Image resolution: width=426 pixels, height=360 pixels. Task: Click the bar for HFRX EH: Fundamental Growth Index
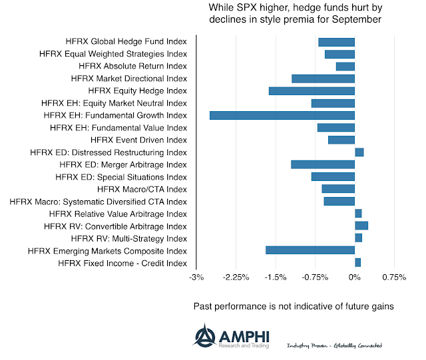[x=282, y=115]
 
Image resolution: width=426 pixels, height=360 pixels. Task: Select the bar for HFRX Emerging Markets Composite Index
[x=310, y=250]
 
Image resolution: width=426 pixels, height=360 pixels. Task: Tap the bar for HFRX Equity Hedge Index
[x=312, y=90]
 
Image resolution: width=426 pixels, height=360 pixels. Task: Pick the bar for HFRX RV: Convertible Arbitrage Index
[x=361, y=226]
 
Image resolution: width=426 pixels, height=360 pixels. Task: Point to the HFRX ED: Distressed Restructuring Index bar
[x=359, y=152]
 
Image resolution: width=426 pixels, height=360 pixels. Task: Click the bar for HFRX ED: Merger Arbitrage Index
[x=323, y=164]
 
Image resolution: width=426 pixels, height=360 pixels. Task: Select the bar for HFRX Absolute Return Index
[x=345, y=67]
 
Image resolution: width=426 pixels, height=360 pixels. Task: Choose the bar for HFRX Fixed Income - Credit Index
[x=358, y=262]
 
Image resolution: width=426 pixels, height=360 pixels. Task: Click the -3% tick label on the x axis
[x=196, y=277]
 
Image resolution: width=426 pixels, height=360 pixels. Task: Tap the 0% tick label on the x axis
[x=355, y=277]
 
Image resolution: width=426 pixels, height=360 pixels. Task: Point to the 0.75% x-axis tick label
[x=394, y=277]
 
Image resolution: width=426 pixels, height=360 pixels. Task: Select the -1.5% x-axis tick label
[x=276, y=277]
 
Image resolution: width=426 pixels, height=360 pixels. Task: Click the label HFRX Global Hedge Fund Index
[x=126, y=42]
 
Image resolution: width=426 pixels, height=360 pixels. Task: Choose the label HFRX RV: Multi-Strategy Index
[x=128, y=238]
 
